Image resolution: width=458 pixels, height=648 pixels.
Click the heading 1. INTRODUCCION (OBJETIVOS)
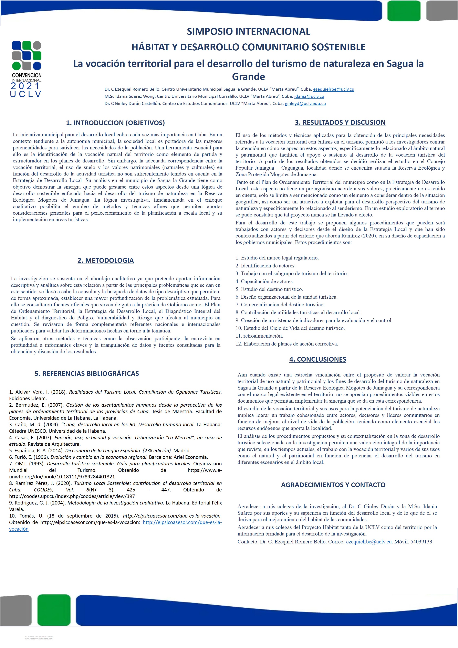coord(115,123)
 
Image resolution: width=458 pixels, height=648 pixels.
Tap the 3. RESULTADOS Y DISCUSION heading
coord(340,122)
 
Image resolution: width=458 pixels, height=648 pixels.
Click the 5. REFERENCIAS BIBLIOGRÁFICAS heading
coord(87,373)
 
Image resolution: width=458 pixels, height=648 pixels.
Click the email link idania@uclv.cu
coord(309,96)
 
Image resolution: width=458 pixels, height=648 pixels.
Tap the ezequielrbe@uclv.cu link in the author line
coord(333,89)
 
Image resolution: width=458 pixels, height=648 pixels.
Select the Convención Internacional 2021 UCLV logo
coord(27,69)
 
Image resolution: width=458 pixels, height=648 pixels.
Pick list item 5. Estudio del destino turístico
coord(269,289)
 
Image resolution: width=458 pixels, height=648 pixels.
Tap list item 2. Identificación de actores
coord(266,266)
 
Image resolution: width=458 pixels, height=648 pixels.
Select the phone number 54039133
coord(421,542)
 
